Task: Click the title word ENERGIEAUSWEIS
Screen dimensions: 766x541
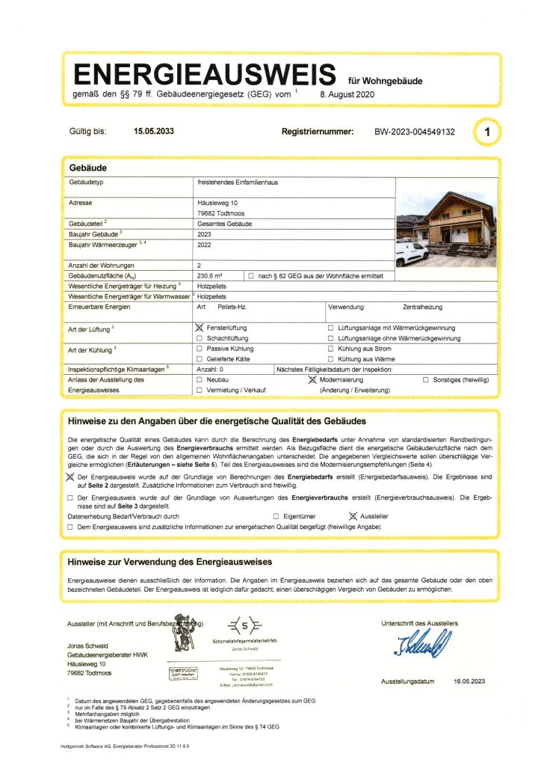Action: point(204,75)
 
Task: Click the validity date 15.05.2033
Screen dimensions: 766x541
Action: point(154,131)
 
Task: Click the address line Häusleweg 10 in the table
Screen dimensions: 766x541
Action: point(217,203)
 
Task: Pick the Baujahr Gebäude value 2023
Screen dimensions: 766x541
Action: point(204,234)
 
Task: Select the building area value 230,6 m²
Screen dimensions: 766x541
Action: point(211,276)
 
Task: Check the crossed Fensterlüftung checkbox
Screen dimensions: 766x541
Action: point(200,328)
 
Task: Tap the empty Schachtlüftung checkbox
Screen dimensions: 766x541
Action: point(200,339)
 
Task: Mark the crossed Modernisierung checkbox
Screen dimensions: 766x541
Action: point(313,380)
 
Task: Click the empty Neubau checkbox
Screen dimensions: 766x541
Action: point(200,380)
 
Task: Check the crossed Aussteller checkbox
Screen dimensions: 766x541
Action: point(353,516)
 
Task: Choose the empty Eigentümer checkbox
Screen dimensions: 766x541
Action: point(276,516)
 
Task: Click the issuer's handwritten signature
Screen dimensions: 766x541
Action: point(423,642)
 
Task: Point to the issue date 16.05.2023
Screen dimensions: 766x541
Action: point(469,681)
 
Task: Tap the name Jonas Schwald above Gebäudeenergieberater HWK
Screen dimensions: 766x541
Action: point(88,646)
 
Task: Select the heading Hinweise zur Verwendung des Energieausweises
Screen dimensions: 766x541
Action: point(170,561)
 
